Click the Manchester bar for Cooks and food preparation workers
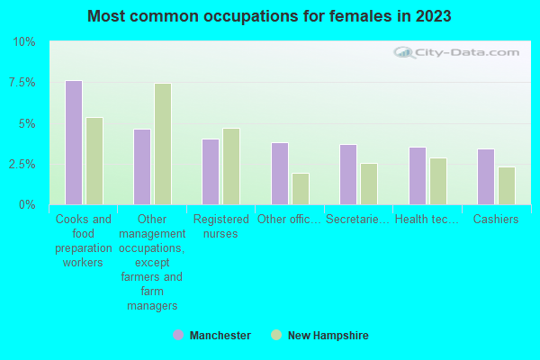point(74,142)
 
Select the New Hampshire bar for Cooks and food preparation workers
point(94,161)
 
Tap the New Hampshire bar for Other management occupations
point(163,144)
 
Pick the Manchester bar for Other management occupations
point(142,166)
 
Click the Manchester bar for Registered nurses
point(211,172)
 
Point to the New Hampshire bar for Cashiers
point(507,185)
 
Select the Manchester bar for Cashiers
point(486,176)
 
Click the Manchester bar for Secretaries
point(348,175)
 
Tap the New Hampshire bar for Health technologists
point(438,181)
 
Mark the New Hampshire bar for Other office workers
point(301,189)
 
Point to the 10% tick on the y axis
point(24,42)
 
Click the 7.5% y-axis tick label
point(22,83)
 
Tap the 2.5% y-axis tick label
point(22,165)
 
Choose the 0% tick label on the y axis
point(28,205)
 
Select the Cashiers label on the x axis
point(496,219)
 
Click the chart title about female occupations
point(270,16)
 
